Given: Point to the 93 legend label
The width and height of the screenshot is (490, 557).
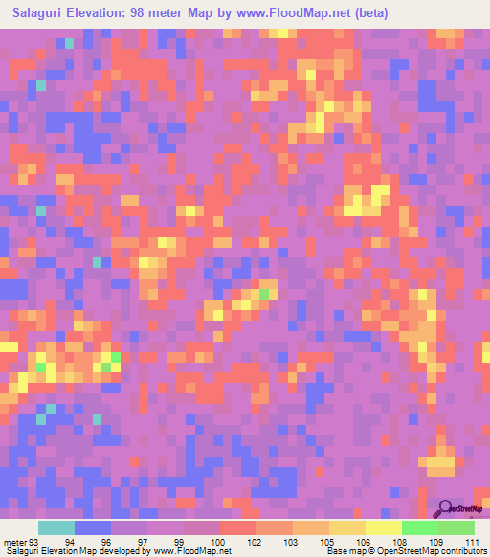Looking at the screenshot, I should pyautogui.click(x=34, y=543).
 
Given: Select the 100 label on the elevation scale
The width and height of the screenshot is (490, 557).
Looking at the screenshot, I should pyautogui.click(x=219, y=543).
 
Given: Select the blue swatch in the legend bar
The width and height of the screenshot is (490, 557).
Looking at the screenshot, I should pyautogui.click(x=93, y=527).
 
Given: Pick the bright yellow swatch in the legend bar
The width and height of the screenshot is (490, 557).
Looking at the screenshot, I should pyautogui.click(x=383, y=527).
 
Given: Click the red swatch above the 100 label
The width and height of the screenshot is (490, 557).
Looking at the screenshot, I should pyautogui.click(x=237, y=527).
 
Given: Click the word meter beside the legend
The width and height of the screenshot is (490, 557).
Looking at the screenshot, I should pyautogui.click(x=15, y=543).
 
